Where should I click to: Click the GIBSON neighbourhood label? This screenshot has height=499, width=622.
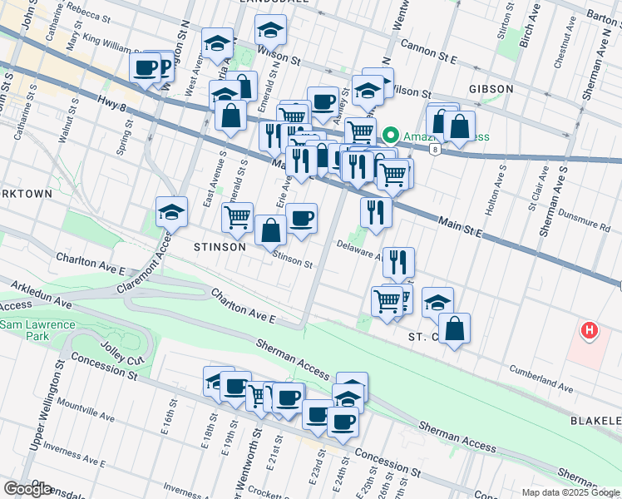491,89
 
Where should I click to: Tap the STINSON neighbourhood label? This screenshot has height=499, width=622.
220,247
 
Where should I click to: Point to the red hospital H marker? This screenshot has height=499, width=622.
590,331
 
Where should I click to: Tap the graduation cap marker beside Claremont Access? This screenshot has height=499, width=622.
171,212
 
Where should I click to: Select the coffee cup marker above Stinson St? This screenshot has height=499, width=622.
301,220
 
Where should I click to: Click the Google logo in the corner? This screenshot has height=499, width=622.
27,488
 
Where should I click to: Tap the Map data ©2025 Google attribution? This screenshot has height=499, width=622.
570,492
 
